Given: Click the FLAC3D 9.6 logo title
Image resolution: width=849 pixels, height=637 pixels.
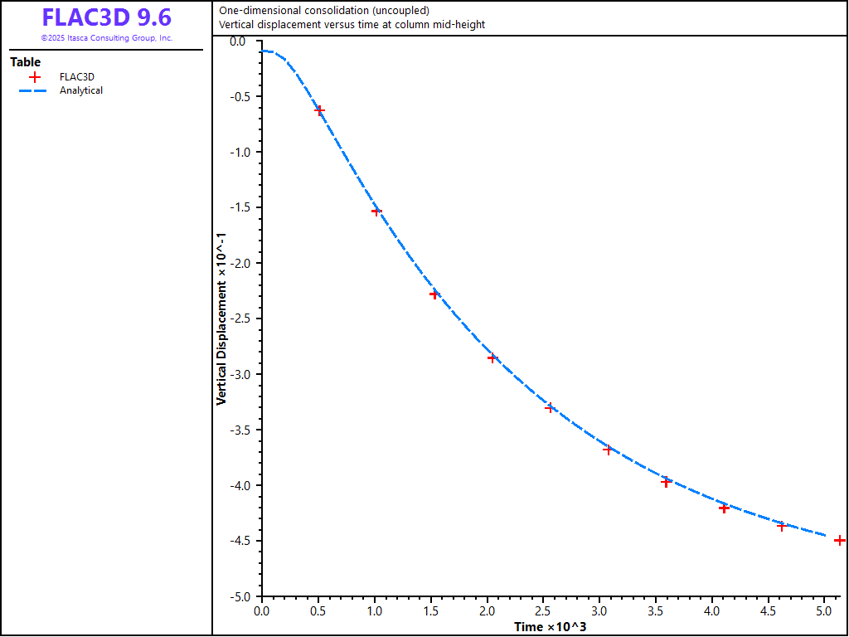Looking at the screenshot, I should (107, 18).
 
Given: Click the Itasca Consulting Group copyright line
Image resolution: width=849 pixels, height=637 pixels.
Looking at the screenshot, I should (107, 38).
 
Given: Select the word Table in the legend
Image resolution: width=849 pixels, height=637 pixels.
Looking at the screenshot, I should (25, 62).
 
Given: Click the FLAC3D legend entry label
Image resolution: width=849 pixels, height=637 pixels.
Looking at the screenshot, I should (77, 77).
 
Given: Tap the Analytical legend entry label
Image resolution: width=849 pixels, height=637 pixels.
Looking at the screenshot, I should (81, 90).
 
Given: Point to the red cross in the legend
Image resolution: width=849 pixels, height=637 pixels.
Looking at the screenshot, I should (34, 77).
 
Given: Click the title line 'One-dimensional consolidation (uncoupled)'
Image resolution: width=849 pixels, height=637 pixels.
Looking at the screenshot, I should (324, 11).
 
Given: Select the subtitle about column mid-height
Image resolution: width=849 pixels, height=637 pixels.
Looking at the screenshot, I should (352, 24).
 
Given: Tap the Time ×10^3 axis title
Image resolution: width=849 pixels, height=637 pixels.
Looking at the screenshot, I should (550, 626).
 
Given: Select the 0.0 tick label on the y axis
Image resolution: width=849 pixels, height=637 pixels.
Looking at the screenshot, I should (242, 41).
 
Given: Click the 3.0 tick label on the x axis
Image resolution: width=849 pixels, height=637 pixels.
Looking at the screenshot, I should (599, 611).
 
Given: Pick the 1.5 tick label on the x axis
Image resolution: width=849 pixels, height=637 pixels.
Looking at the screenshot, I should (430, 611).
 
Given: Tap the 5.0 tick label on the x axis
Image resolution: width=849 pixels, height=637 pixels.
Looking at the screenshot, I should (824, 611).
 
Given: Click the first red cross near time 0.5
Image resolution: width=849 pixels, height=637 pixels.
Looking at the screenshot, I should (319, 110).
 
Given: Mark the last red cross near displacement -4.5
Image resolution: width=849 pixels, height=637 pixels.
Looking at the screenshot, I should (839, 540).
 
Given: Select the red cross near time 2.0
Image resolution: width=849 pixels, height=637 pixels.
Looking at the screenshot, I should (492, 358).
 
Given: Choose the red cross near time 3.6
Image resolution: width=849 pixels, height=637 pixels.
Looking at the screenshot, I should (666, 481).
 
